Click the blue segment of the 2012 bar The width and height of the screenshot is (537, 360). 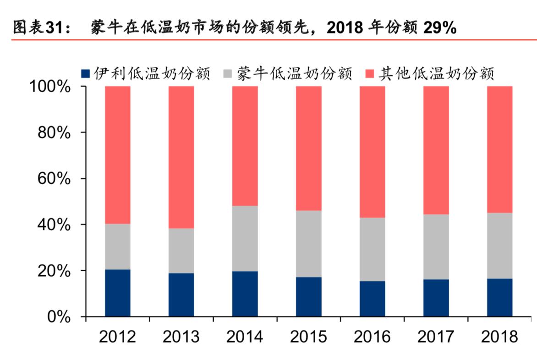[118, 293]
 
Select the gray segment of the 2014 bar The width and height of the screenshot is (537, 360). [245, 239]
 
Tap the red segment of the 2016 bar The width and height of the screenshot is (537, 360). [372, 152]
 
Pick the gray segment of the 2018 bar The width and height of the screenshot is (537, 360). [499, 245]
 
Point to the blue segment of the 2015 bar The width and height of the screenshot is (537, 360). [308, 297]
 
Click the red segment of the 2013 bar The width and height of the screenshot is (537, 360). [181, 157]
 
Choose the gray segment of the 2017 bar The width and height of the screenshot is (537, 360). [436, 247]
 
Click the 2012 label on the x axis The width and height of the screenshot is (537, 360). [118, 337]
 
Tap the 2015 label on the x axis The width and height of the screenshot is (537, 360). [308, 337]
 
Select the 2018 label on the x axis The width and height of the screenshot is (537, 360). [499, 337]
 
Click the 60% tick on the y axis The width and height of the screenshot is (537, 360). [54, 179]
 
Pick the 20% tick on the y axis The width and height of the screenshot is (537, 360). [54, 271]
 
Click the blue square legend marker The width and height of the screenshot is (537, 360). [85, 74]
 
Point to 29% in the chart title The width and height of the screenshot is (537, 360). [439, 28]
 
